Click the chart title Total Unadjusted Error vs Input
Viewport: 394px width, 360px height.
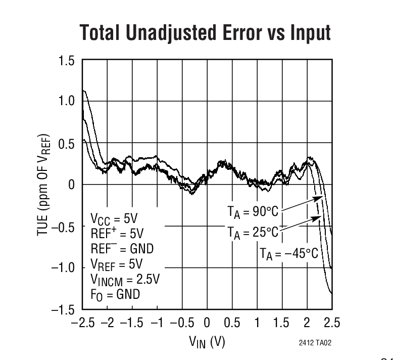pos(205,33)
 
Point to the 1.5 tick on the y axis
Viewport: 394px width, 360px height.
pos(67,61)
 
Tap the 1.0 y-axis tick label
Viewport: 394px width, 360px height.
pos(67,102)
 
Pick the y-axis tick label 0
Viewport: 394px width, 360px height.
pos(71,185)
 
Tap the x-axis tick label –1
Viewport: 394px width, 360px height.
pos(157,323)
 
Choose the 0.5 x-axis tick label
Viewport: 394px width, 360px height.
pos(232,323)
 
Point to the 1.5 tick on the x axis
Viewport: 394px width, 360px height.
pos(282,323)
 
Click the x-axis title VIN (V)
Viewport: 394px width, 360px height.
pos(207,342)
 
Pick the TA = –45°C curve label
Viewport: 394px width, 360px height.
pos(288,253)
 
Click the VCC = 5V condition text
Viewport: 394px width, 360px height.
pos(114,220)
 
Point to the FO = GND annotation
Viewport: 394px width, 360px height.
pos(115,295)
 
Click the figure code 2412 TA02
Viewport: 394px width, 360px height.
pos(315,342)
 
